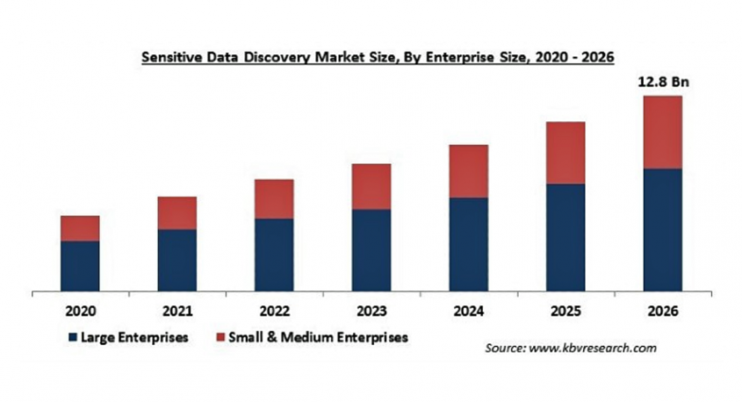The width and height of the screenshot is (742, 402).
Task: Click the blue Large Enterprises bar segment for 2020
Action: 80,265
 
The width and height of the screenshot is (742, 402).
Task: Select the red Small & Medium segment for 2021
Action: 177,213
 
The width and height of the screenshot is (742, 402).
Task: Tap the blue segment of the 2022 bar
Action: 274,255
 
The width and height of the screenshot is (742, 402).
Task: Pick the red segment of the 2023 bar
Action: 371,186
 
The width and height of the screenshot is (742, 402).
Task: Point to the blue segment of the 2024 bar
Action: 469,244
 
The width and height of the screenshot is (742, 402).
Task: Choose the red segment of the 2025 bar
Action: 566,153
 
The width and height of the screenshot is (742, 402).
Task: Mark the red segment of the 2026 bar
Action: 662,132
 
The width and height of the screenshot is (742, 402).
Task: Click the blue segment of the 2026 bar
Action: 662,229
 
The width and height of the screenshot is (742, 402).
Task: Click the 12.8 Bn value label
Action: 662,82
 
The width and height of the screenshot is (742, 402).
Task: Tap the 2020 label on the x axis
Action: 80,311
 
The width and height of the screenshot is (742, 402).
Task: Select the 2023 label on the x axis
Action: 371,311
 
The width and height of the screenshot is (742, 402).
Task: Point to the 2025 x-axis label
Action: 566,311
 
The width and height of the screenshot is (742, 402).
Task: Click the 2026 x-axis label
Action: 662,311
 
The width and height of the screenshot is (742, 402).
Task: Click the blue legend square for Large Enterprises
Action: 73,336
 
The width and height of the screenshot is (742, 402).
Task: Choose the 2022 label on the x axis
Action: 274,311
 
